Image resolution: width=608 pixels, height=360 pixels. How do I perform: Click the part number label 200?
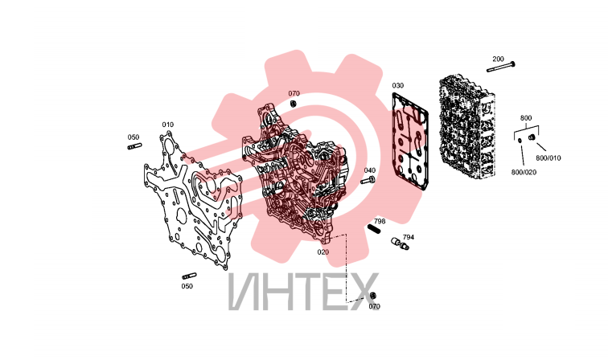click(498, 59)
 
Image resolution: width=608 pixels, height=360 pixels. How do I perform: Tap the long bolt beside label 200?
click(500, 67)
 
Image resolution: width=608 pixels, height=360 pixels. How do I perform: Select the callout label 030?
click(397, 85)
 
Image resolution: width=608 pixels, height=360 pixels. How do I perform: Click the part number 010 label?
click(167, 125)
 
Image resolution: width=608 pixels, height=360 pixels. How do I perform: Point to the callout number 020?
click(323, 252)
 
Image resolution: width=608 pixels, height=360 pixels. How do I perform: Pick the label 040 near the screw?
click(369, 170)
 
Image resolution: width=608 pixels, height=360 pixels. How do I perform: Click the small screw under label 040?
click(368, 180)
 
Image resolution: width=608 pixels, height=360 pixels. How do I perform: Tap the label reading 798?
click(380, 221)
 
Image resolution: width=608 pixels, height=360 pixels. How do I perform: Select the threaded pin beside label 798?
click(374, 229)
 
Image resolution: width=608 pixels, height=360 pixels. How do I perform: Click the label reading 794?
click(409, 237)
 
